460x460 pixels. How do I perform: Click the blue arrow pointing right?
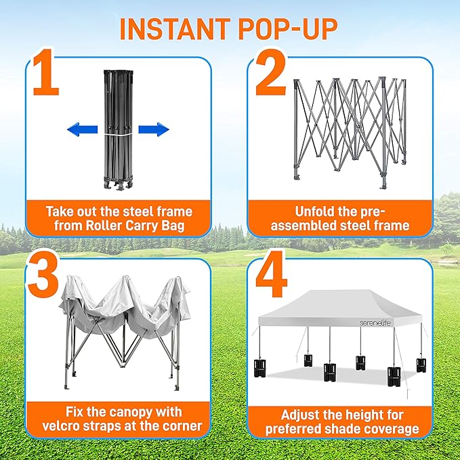tap(154, 129)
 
